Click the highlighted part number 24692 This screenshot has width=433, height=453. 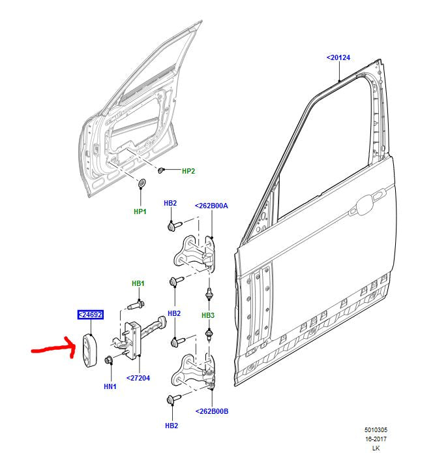[x=91, y=315]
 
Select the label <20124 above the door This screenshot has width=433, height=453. [x=338, y=58]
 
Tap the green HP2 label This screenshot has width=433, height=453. [x=188, y=171]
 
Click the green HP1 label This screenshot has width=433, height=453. [x=140, y=211]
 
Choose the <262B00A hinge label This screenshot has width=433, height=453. [x=211, y=206]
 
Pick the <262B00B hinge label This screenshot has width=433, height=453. [x=211, y=411]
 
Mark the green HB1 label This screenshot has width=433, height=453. [x=138, y=283]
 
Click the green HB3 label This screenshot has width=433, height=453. [x=207, y=316]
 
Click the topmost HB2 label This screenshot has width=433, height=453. [x=170, y=204]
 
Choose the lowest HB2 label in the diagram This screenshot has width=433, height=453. [x=171, y=426]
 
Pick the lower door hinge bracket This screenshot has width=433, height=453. [x=194, y=372]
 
